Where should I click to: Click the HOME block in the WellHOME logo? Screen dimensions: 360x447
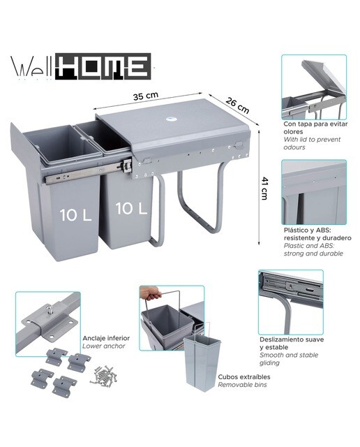click(x=103, y=66)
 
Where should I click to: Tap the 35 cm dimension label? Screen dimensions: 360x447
click(x=146, y=96)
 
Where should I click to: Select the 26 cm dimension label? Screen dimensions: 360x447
click(x=237, y=105)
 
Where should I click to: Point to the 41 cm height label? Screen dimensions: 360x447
click(x=264, y=189)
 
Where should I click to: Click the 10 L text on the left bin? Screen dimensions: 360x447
click(x=76, y=215)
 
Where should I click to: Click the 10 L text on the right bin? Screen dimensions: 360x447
click(x=131, y=208)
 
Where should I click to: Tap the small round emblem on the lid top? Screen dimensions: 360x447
click(x=170, y=119)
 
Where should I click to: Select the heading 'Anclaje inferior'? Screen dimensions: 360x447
click(x=106, y=338)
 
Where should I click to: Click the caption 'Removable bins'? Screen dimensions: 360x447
click(x=242, y=385)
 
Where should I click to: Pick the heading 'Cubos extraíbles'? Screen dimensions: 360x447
click(x=244, y=376)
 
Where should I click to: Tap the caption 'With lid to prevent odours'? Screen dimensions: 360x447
click(x=312, y=143)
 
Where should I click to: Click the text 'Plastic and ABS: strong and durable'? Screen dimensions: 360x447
click(x=313, y=249)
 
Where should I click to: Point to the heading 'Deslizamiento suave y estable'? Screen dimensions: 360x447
click(x=292, y=343)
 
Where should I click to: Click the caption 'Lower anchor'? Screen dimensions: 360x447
click(x=104, y=346)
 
